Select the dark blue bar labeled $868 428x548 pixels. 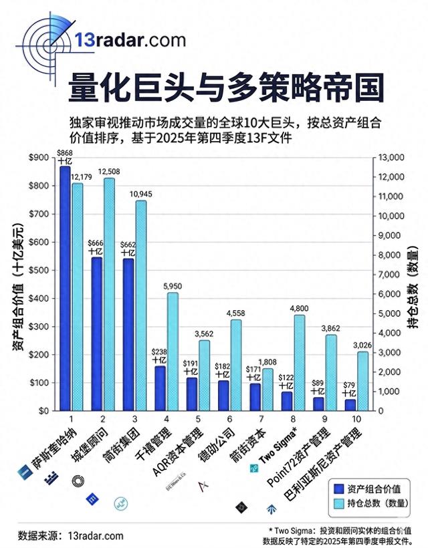pos(65,287)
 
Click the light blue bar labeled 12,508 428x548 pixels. pos(110,294)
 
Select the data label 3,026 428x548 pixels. pos(362,346)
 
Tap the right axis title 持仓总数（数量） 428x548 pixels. pos(413,284)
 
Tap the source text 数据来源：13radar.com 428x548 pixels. pos(71,535)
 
